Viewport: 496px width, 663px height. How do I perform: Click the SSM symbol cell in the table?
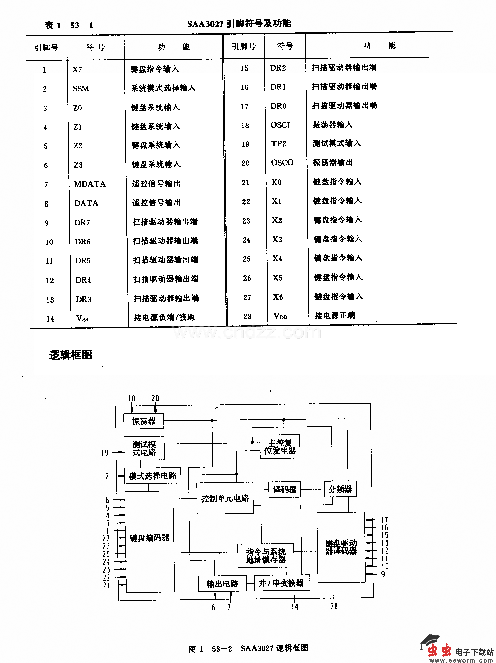click(x=81, y=89)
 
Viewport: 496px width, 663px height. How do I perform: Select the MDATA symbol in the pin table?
click(x=90, y=184)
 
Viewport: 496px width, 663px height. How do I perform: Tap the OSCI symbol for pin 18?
click(x=280, y=125)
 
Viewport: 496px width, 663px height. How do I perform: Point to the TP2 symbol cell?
click(x=279, y=144)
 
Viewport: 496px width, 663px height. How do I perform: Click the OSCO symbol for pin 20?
click(x=282, y=163)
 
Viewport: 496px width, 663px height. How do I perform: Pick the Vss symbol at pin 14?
click(x=83, y=318)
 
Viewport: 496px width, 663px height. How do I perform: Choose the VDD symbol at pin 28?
click(x=280, y=316)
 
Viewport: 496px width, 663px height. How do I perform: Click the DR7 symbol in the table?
click(x=82, y=223)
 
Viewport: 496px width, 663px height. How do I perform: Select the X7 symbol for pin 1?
click(x=77, y=70)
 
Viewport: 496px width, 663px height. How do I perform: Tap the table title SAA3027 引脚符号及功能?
click(x=239, y=23)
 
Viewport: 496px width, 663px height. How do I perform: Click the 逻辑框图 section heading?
click(x=71, y=355)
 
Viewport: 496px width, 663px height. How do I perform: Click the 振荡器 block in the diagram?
click(x=143, y=421)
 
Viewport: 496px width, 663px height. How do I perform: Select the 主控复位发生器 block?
click(x=280, y=446)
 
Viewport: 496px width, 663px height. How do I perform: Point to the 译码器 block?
click(x=285, y=490)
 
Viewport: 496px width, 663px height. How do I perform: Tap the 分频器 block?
click(x=340, y=489)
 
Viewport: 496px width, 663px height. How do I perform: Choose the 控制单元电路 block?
click(x=225, y=498)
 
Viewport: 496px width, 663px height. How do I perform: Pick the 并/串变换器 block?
click(x=281, y=583)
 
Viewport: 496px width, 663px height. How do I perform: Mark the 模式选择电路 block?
click(x=152, y=476)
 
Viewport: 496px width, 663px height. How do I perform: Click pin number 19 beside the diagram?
click(x=105, y=453)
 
